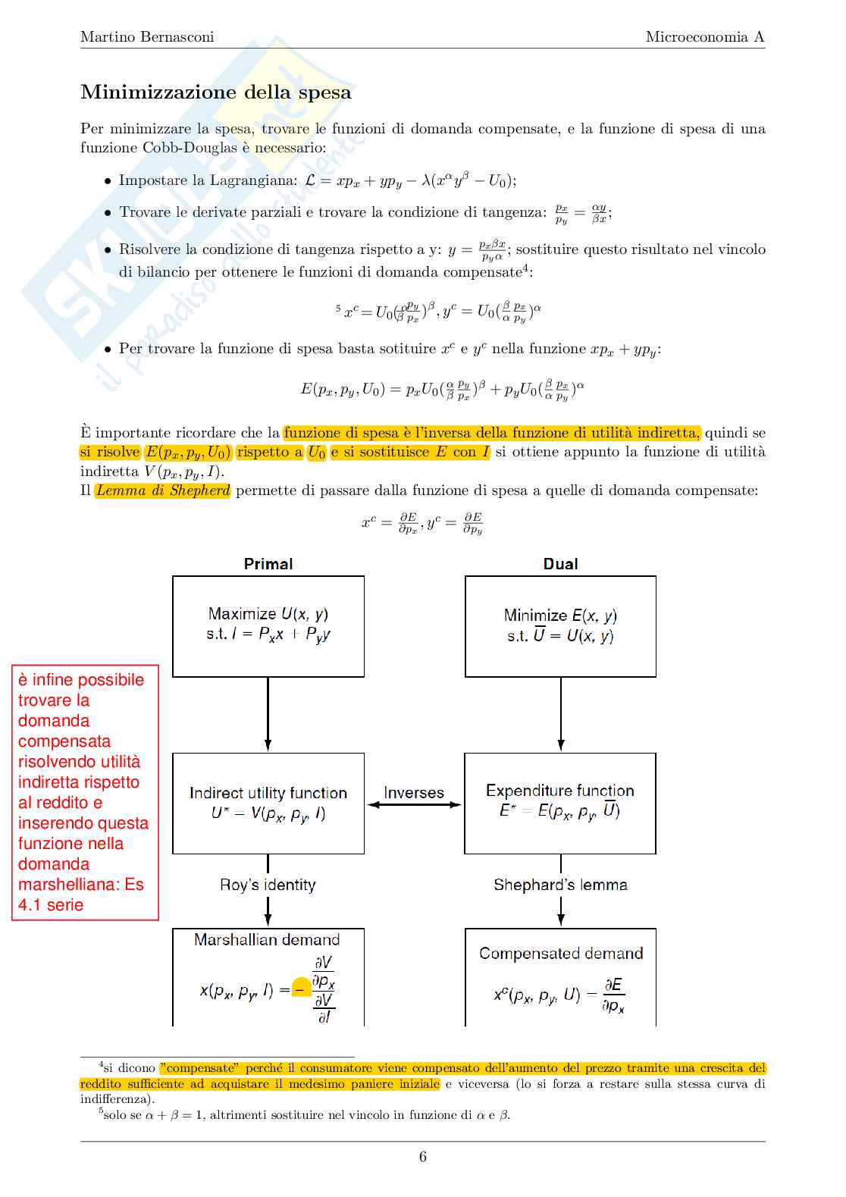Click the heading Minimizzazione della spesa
click(x=216, y=92)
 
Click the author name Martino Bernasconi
click(x=147, y=36)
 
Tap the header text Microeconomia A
click(x=705, y=36)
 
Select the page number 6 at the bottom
click(x=423, y=1156)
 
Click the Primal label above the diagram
click(x=268, y=564)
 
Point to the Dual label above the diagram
click(x=560, y=564)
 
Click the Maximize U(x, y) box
click(x=268, y=626)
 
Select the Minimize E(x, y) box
click(x=560, y=626)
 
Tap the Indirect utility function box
click(x=268, y=803)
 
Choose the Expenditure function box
click(x=560, y=803)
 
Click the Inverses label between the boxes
click(x=414, y=793)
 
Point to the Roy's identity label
click(x=268, y=885)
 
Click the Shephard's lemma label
click(x=560, y=885)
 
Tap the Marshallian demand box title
click(x=267, y=940)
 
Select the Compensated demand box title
click(x=561, y=954)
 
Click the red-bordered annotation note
click(x=85, y=792)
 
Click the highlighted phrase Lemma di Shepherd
click(x=163, y=490)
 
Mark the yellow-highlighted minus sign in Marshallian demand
click(x=301, y=989)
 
